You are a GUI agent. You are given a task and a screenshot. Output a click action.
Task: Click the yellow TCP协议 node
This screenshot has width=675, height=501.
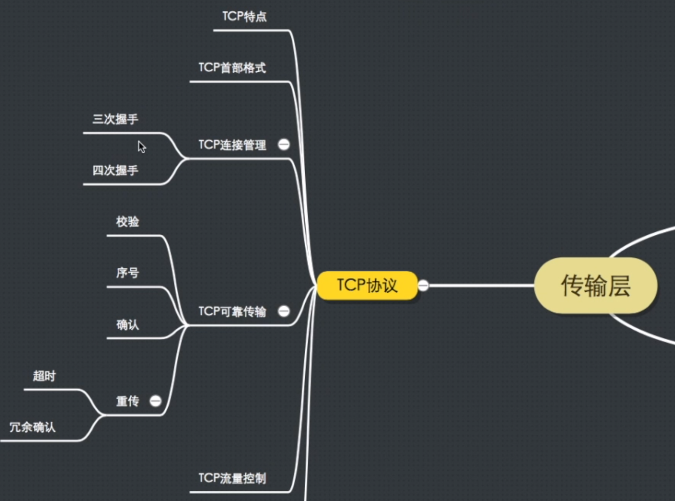(367, 286)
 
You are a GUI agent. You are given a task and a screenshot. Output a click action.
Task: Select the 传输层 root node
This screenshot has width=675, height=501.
(595, 286)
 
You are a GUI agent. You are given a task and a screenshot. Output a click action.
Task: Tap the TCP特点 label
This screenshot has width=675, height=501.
(244, 17)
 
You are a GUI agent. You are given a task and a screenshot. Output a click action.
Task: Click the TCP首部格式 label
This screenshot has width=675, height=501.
(232, 68)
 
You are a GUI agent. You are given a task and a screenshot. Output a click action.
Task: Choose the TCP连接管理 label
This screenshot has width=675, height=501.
(232, 145)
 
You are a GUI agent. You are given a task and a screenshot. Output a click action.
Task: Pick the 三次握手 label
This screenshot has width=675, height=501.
(115, 119)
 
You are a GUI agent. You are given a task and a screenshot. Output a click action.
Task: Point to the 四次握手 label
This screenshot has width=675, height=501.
(115, 171)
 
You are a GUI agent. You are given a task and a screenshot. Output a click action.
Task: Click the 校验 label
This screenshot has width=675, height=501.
(127, 222)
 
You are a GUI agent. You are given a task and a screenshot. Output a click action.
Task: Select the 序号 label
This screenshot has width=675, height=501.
(127, 273)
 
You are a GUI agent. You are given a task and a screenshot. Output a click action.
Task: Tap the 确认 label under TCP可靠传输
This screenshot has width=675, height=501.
(127, 325)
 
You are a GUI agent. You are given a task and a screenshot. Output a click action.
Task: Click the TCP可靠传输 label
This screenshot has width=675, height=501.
(232, 312)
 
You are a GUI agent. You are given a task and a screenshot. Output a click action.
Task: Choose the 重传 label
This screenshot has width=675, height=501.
(127, 402)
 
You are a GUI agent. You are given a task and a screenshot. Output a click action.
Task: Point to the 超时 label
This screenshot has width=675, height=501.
(44, 376)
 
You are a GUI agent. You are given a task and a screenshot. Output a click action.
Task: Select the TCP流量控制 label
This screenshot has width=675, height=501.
(232, 479)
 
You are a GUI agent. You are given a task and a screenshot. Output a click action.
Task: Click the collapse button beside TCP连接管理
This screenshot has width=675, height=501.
(284, 145)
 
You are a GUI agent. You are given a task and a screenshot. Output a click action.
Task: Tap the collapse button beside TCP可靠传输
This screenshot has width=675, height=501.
(284, 311)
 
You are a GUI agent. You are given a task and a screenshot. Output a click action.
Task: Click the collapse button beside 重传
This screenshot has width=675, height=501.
(155, 401)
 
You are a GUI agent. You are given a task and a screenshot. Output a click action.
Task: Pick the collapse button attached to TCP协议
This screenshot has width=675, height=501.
(423, 286)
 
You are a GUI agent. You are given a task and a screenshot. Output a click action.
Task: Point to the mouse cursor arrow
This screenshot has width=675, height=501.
(142, 147)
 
